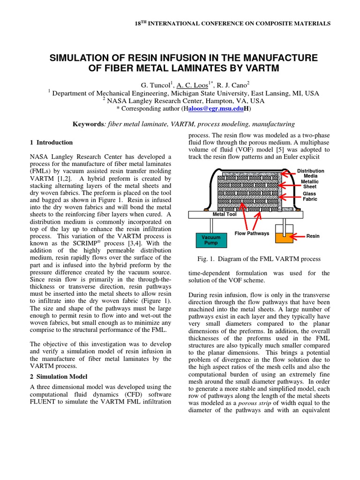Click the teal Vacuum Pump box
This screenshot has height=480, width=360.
(x=210, y=240)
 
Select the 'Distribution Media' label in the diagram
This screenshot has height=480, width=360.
(x=310, y=173)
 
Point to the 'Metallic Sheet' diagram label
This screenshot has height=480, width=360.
(x=310, y=183)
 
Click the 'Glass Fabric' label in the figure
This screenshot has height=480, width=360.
(x=309, y=196)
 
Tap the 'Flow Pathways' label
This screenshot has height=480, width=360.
(x=252, y=233)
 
